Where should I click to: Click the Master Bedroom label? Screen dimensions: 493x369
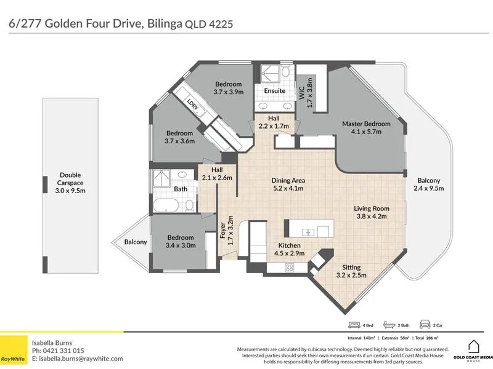(366, 124)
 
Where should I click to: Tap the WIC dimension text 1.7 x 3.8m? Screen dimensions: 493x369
(310, 93)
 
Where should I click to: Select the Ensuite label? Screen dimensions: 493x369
(274, 90)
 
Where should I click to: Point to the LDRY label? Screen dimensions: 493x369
(193, 105)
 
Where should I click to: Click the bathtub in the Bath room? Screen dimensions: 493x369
(166, 205)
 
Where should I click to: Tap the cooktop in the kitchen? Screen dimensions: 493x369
(289, 268)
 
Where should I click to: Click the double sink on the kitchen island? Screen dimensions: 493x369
(308, 232)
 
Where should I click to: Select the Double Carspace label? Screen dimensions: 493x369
(70, 179)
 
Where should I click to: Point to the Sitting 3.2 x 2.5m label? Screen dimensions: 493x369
(351, 271)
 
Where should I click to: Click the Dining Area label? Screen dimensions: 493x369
(288, 180)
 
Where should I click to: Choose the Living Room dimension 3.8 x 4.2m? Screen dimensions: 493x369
(372, 216)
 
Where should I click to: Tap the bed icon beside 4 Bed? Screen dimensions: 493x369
(354, 325)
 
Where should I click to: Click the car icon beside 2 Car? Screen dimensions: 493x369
(425, 325)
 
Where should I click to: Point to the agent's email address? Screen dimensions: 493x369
(81, 359)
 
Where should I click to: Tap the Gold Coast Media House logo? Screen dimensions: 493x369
(473, 351)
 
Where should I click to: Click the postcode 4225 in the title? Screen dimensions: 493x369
(221, 24)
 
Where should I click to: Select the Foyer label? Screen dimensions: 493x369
(222, 230)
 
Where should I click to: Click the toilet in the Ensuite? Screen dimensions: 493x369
(285, 71)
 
